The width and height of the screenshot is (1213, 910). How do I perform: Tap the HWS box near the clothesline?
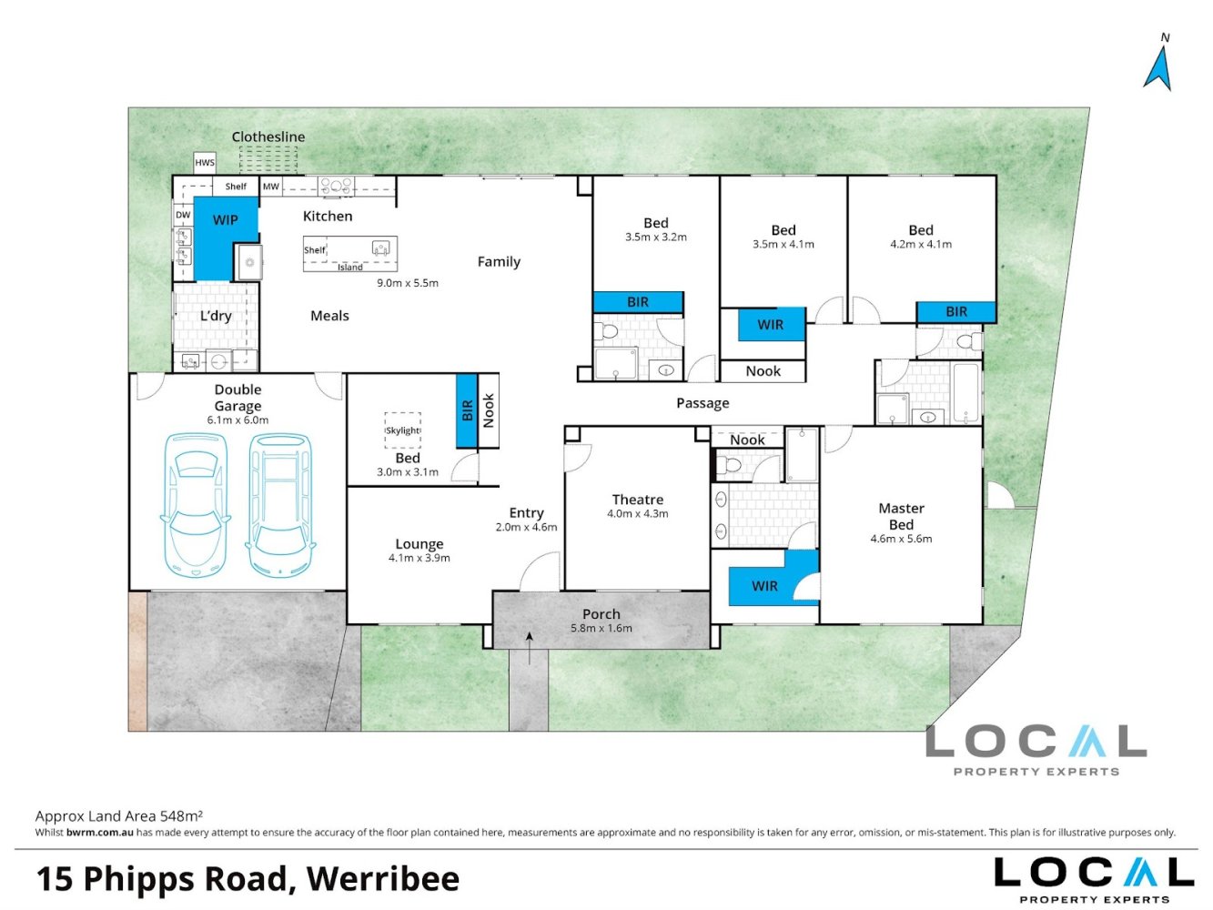pos(205,163)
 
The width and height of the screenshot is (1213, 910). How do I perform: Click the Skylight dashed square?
pos(403,430)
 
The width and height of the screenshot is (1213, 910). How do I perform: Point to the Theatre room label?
pos(637,500)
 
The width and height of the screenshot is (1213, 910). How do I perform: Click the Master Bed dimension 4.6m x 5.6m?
pos(901,539)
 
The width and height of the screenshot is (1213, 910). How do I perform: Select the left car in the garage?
pos(194,505)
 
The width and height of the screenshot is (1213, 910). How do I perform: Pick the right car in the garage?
pos(281,505)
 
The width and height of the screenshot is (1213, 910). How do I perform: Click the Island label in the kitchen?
pos(350,268)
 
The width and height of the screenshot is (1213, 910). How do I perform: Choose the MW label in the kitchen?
pos(271,187)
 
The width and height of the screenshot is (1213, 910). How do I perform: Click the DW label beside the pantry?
pos(183,216)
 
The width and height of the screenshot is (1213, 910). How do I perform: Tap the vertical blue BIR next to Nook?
pos(466,411)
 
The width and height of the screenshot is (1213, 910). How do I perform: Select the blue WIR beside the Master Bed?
pos(764,586)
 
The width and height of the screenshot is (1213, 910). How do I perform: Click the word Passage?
pos(703,403)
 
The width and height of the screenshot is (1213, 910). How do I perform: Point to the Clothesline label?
pos(268,136)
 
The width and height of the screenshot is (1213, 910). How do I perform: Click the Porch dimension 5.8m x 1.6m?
pos(601,628)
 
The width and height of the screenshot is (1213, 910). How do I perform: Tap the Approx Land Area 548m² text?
pos(118,816)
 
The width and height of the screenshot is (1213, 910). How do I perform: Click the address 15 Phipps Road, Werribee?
pos(248,879)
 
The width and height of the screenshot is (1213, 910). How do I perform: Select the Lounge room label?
pos(419,544)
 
